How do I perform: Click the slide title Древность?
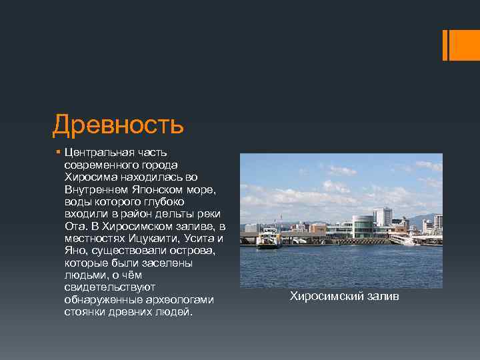pos(117,125)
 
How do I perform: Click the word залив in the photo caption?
pos(382,296)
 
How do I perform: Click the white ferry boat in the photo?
pos(268,238)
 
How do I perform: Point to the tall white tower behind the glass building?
pos(382,217)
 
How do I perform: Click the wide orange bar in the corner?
pos(465,44)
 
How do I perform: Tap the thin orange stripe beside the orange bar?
pos(445,44)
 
